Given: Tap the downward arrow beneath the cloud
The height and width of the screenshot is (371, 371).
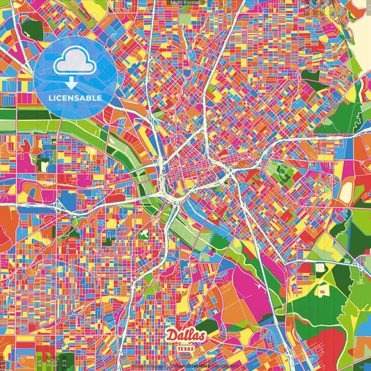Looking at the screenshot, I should coord(69,84).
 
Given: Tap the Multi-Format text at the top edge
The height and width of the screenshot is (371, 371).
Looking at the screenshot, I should coord(185,3).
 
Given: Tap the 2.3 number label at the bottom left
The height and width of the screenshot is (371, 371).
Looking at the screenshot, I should coord(63,362).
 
